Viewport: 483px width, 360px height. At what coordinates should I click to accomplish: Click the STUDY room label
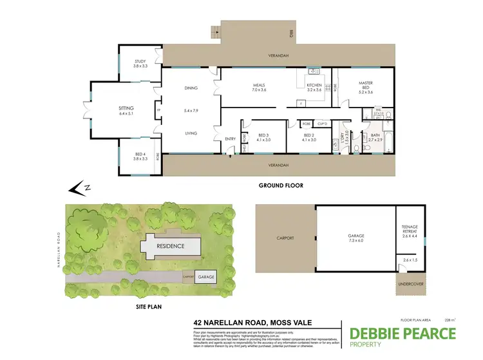pos(139,62)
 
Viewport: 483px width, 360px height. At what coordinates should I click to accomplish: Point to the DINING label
pos(191,88)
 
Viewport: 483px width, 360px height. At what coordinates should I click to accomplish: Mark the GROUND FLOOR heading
pos(280,185)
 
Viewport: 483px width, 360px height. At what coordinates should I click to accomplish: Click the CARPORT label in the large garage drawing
pos(285,238)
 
